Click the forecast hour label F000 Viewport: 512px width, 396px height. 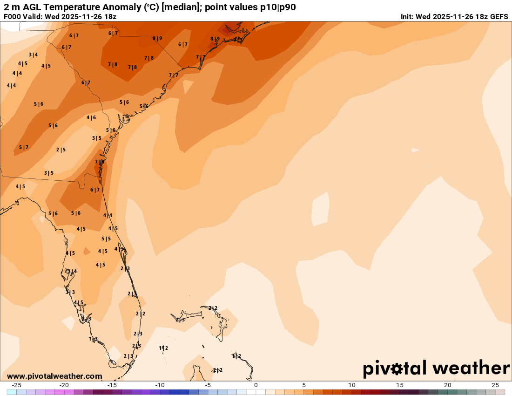[x=13, y=16]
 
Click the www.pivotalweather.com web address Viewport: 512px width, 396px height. [x=54, y=376]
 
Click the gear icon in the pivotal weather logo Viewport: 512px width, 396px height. [x=397, y=369]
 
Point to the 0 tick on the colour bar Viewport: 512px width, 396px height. [x=256, y=385]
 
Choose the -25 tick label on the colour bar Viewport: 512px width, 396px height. [x=16, y=385]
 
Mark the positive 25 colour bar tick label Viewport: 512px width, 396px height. [x=495, y=385]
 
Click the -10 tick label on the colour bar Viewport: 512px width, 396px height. [x=160, y=385]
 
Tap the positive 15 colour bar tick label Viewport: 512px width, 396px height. [x=399, y=385]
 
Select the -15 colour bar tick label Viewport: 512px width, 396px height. [x=112, y=385]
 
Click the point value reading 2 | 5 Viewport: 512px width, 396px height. [x=61, y=150]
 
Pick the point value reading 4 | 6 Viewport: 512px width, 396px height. [x=91, y=117]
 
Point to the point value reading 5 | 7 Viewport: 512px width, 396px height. [x=24, y=147]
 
